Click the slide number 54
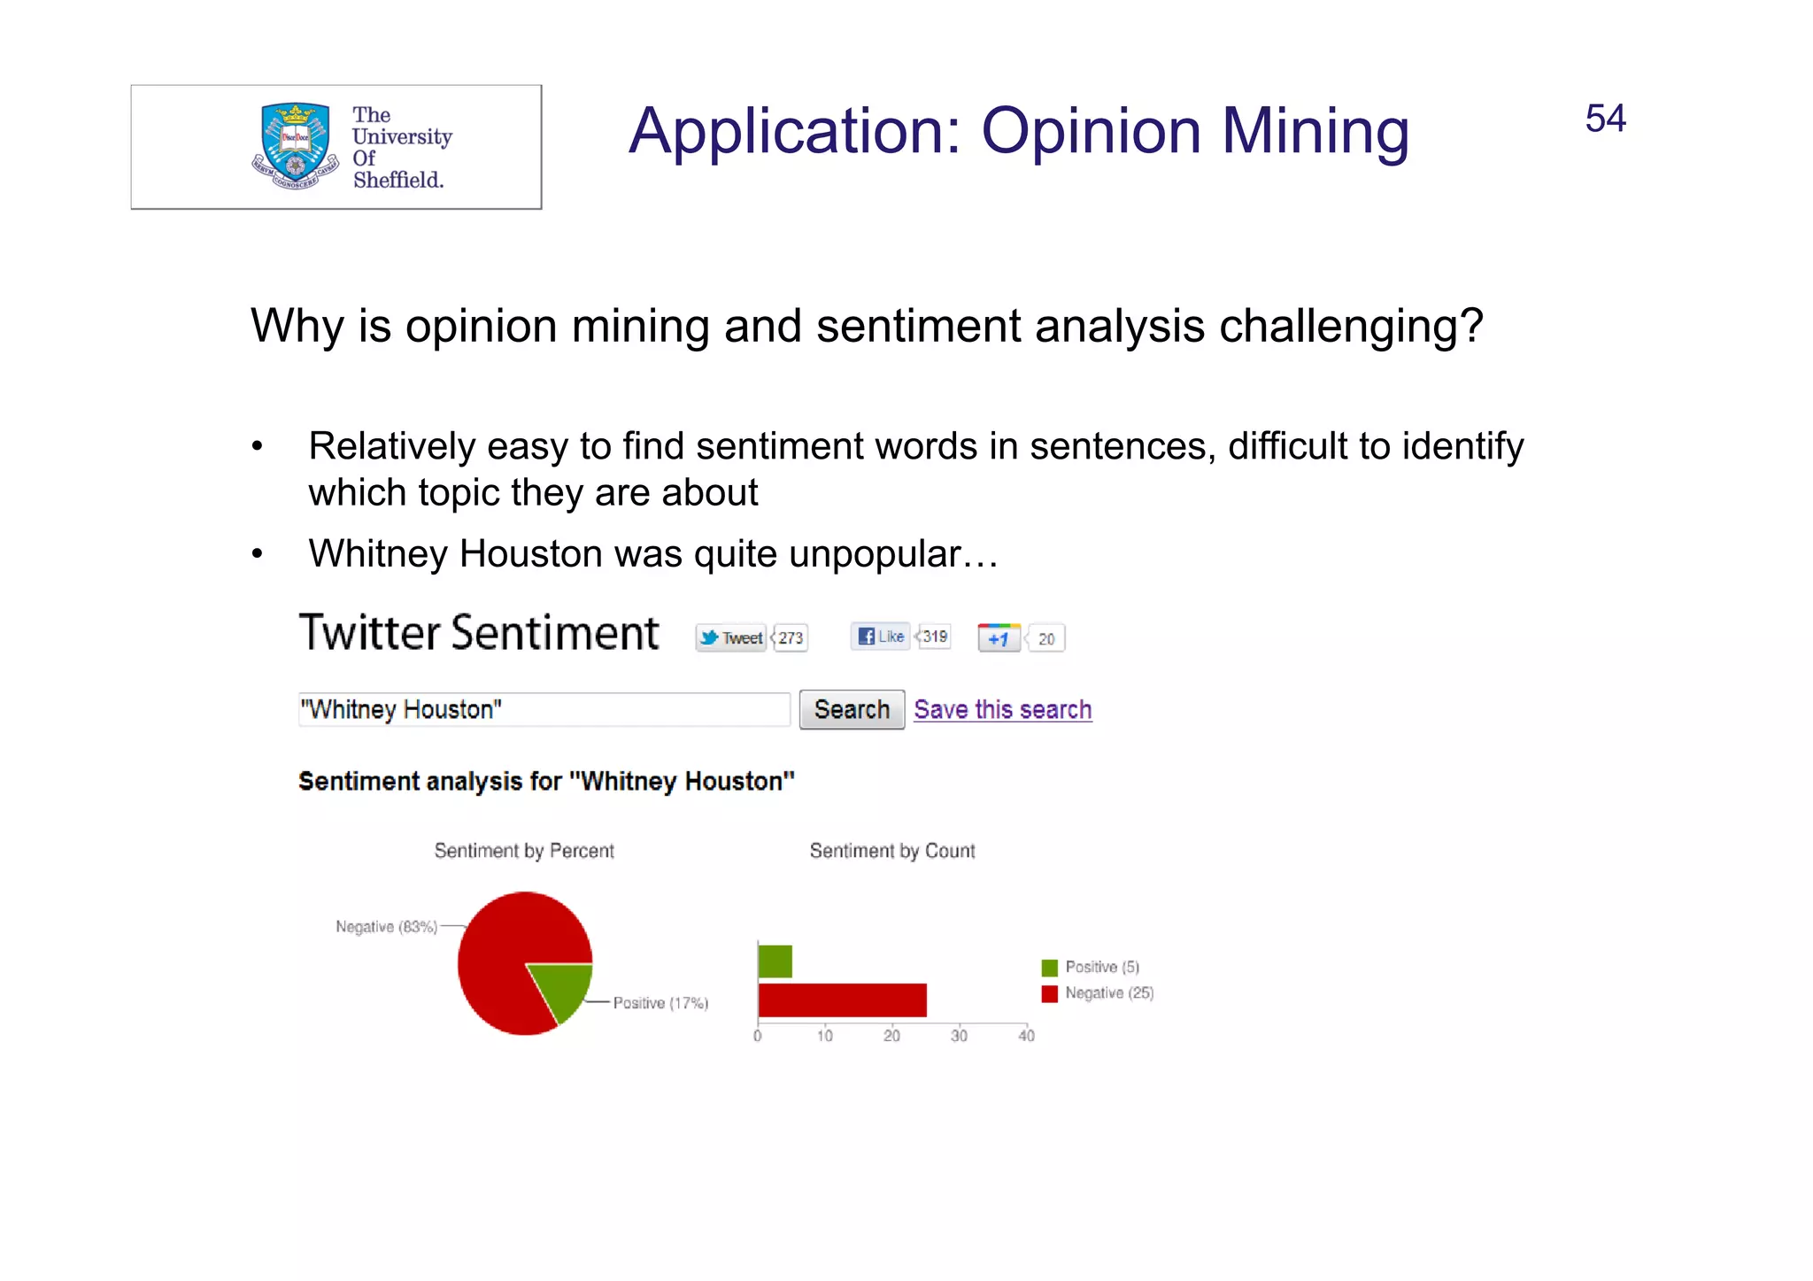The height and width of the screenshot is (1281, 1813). pyautogui.click(x=1604, y=119)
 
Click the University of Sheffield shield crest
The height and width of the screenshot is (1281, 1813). pyautogui.click(x=295, y=144)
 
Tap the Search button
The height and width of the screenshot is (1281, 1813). pyautogui.click(x=851, y=710)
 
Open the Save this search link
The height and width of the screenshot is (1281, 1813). pyautogui.click(x=1002, y=710)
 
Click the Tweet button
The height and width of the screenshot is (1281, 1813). pyautogui.click(x=731, y=637)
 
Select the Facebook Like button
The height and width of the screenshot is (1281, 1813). pyautogui.click(x=881, y=636)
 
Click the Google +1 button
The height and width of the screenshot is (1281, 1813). pyautogui.click(x=999, y=638)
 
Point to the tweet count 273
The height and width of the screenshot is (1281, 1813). pyautogui.click(x=791, y=637)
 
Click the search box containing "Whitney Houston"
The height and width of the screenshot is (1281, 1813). pyautogui.click(x=544, y=710)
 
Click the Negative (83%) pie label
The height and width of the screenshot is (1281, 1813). pyautogui.click(x=386, y=927)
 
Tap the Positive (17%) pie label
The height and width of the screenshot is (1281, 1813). pyautogui.click(x=660, y=1003)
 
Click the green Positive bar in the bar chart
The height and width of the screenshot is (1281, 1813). pyautogui.click(x=775, y=961)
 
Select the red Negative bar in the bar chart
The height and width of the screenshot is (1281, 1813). pyautogui.click(x=842, y=1000)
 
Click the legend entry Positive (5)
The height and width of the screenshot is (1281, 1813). pyautogui.click(x=1100, y=967)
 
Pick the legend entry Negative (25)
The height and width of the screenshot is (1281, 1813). pyautogui.click(x=1107, y=993)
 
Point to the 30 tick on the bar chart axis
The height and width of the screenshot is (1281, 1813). pyautogui.click(x=959, y=1036)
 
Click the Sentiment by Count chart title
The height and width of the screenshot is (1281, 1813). pyautogui.click(x=891, y=851)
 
